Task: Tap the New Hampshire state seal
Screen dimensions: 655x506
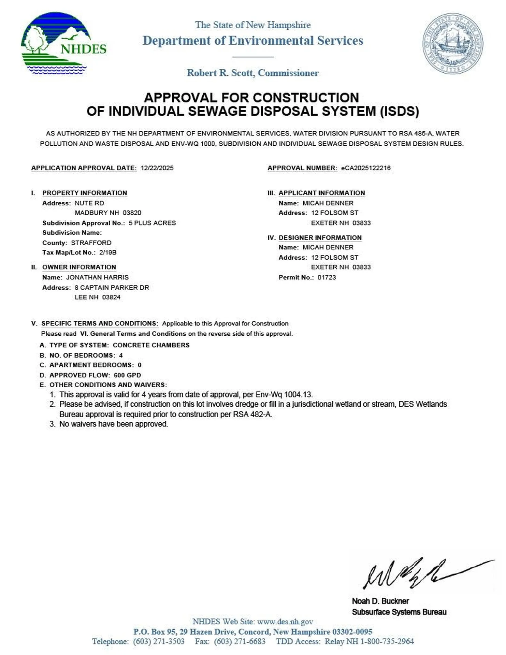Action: click(452, 43)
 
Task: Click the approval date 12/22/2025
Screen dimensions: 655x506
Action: click(157, 168)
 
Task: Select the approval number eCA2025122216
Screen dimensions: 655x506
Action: click(365, 168)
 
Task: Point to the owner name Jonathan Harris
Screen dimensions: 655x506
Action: click(97, 277)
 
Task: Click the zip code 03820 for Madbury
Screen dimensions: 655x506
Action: click(132, 213)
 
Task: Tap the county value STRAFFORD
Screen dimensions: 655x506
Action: click(91, 243)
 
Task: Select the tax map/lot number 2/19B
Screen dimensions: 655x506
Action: click(108, 252)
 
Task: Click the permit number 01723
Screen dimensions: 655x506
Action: click(327, 277)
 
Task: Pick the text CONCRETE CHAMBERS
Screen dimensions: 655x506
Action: click(151, 345)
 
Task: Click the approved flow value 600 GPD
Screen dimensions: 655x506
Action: click(127, 375)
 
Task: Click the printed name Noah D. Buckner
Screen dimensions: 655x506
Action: click(380, 601)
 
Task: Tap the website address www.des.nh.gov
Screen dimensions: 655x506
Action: click(285, 622)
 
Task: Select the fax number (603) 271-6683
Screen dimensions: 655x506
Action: click(240, 642)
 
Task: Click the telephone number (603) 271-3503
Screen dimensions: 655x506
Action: click(159, 642)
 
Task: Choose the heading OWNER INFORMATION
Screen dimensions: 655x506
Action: click(79, 267)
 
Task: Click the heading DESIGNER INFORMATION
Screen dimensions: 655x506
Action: click(320, 238)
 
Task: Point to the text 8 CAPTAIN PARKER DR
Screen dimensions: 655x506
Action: click(112, 288)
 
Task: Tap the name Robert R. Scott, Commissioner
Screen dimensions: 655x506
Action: click(253, 73)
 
